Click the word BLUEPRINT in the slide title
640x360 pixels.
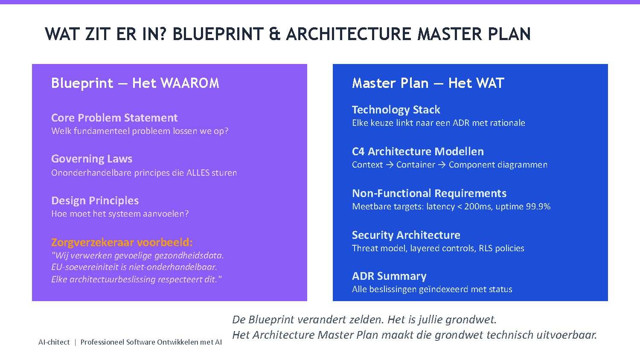coord(218,34)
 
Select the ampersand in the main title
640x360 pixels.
coord(275,34)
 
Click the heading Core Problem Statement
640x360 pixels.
coord(114,118)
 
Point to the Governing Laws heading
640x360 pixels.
coord(92,159)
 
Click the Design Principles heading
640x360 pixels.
coord(95,200)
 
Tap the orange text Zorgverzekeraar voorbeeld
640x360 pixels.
coord(122,242)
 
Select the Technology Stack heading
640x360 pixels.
coord(396,110)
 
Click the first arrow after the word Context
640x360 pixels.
coord(390,165)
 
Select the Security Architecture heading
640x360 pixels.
coord(406,235)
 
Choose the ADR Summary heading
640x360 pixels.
coord(389,276)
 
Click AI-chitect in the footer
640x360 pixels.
coord(54,342)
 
